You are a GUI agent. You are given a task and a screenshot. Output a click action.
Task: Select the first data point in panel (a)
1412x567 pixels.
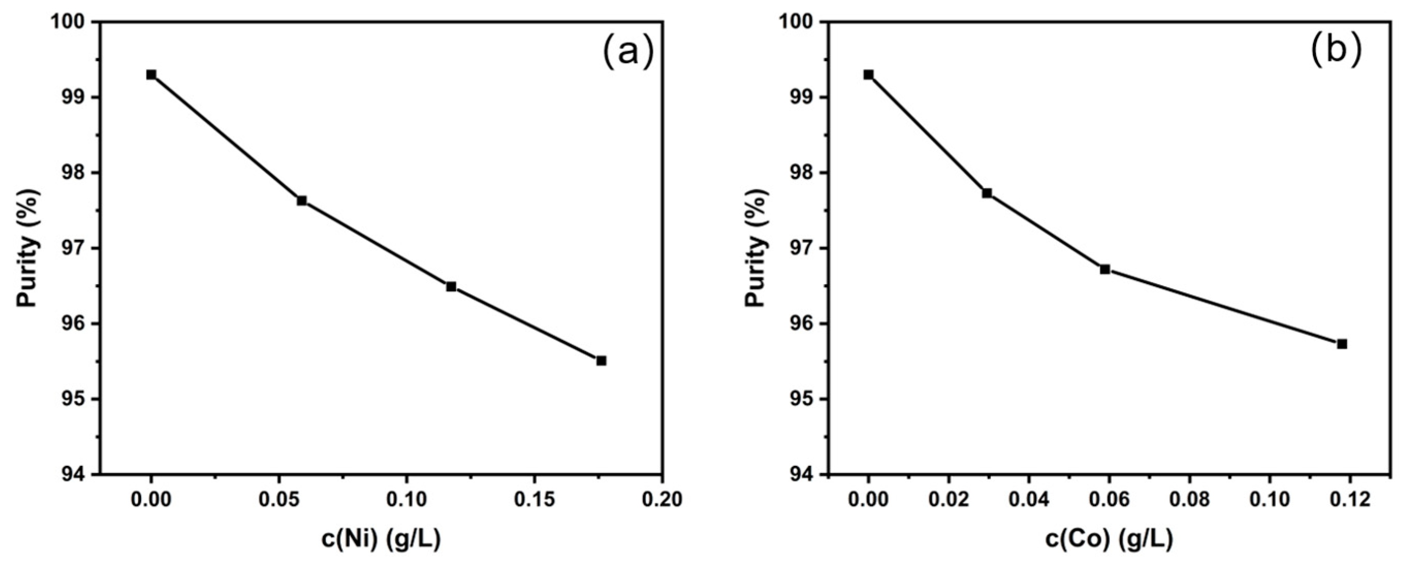click(151, 74)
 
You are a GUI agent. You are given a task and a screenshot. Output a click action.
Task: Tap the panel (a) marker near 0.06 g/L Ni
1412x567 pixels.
click(301, 201)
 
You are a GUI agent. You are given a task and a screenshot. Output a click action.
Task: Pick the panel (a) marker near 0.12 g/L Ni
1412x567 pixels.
click(451, 286)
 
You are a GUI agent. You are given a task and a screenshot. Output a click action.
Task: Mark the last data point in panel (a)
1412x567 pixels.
click(601, 361)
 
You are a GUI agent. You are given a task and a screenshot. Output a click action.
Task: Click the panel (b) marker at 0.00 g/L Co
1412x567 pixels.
click(868, 74)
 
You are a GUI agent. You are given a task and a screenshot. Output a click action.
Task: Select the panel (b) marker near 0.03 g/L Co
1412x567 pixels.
click(987, 193)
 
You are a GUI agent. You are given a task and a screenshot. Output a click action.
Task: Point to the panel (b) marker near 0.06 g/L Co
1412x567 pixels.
click(1105, 269)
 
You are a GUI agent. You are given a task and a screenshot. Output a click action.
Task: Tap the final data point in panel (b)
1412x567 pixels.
click(1342, 344)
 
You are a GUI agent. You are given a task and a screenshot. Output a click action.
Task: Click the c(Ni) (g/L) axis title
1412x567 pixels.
click(380, 540)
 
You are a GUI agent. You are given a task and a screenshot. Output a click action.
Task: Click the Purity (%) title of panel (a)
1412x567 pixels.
click(28, 248)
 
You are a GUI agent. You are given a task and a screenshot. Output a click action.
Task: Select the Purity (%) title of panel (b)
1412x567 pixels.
click(757, 248)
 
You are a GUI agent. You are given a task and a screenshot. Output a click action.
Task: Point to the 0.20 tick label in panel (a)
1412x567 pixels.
click(662, 499)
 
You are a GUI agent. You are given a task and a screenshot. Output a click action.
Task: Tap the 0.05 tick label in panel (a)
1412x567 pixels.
click(279, 499)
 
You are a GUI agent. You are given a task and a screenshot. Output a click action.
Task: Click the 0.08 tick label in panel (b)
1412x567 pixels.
click(1190, 499)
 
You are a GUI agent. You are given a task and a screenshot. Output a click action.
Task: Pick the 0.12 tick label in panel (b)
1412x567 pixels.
click(1350, 499)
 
